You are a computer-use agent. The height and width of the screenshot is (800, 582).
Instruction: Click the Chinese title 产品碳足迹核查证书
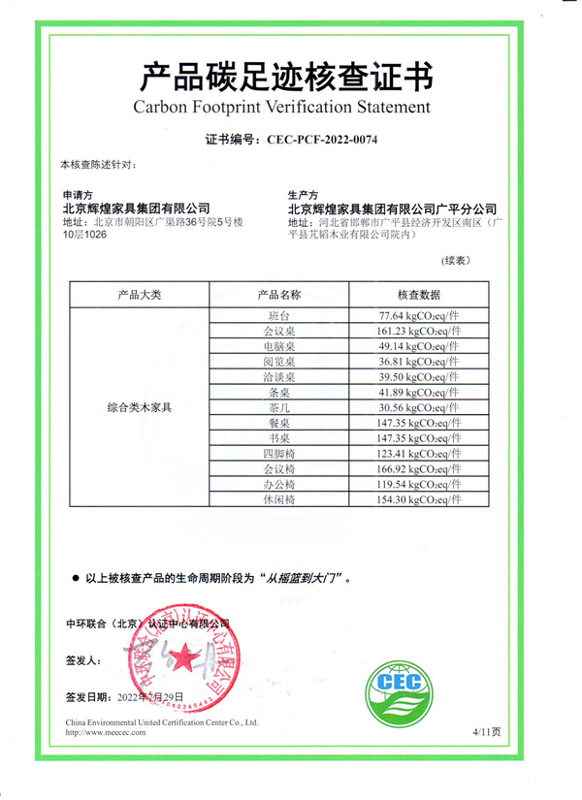click(287, 75)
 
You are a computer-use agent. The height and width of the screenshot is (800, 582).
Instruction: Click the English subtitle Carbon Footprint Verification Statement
click(281, 106)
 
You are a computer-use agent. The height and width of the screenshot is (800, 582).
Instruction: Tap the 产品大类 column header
click(139, 294)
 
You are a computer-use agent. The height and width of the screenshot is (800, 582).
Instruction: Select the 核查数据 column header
click(418, 294)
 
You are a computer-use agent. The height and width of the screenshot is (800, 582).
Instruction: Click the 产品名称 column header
click(278, 294)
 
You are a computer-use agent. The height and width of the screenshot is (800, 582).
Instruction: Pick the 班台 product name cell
click(278, 316)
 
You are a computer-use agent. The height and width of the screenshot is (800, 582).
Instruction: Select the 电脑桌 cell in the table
click(278, 346)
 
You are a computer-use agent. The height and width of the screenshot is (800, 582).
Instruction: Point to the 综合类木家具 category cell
click(139, 408)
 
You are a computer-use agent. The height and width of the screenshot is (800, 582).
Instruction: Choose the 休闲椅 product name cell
click(278, 499)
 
